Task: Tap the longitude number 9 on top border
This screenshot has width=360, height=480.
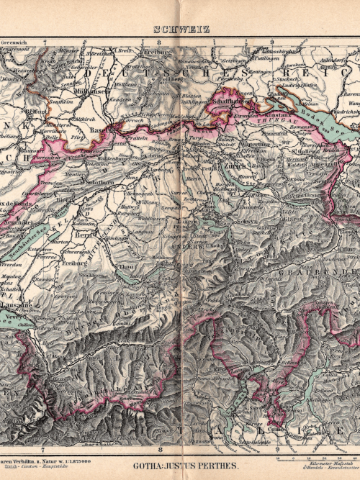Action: click(271, 42)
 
